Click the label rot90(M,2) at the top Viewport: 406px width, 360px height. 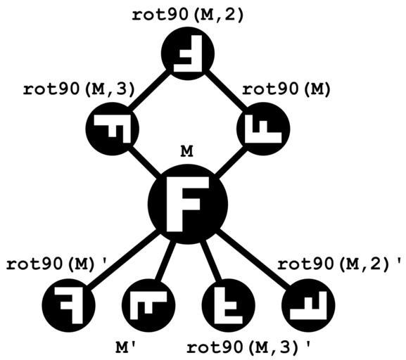point(188,15)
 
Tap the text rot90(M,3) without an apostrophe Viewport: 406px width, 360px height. point(79,89)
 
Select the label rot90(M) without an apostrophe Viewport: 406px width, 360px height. point(286,89)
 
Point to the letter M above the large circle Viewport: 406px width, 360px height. point(186,151)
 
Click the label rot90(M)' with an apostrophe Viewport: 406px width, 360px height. point(56,264)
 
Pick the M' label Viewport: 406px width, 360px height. point(125,348)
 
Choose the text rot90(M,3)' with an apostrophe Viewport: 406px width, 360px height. point(248,347)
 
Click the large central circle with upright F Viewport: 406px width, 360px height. point(188,204)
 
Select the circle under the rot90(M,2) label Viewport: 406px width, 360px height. point(188,53)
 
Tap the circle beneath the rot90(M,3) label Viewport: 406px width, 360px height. point(113,129)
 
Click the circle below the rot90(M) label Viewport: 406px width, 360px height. point(263,129)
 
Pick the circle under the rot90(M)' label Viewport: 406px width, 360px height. point(69,305)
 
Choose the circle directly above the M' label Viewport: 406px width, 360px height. point(148,305)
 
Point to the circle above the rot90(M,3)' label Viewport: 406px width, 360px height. point(229,305)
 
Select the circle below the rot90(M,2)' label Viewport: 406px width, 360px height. point(308,305)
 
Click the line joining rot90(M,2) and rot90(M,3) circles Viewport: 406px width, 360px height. point(150,91)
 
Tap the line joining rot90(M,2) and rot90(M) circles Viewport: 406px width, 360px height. point(226,91)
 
